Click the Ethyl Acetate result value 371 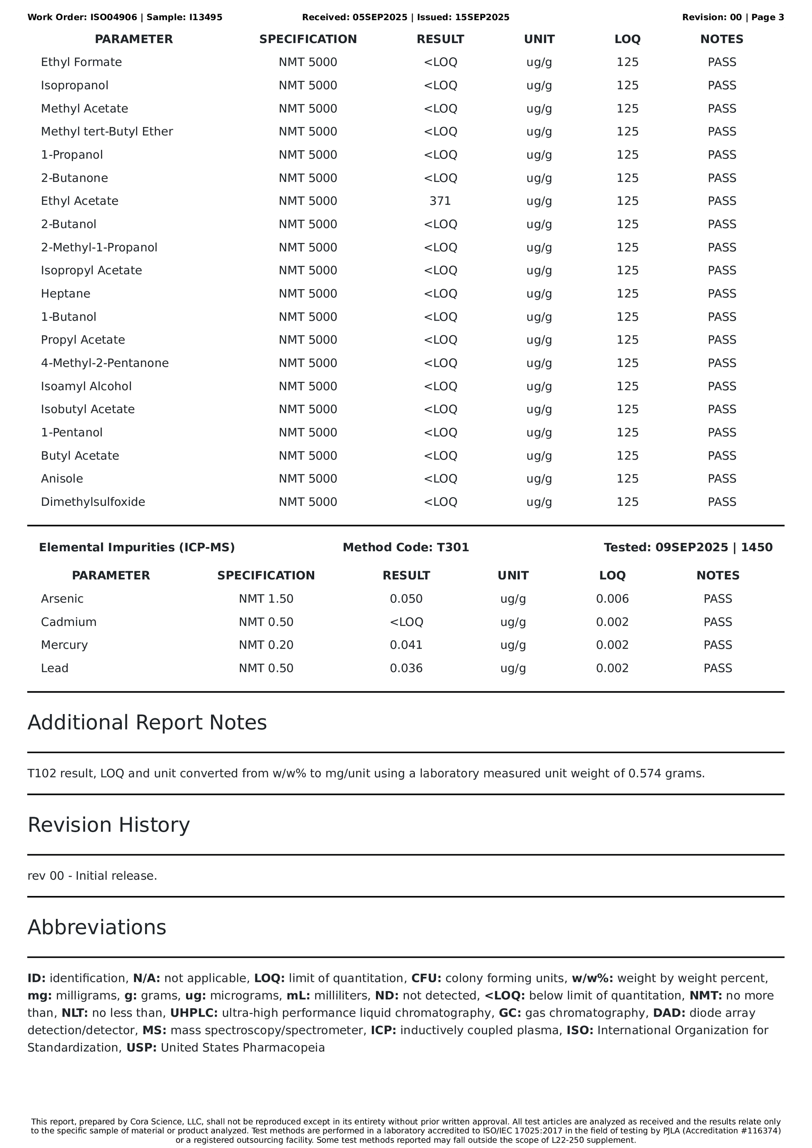(x=440, y=201)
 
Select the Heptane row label (x=66, y=293)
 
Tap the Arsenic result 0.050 (x=406, y=598)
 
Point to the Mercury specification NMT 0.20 (x=266, y=645)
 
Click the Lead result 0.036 (x=406, y=668)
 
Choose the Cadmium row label (x=68, y=622)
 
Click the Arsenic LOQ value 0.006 (x=612, y=598)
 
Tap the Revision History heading (x=108, y=825)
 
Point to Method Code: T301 (x=406, y=548)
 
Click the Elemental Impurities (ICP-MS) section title (x=136, y=548)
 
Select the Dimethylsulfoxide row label (x=93, y=502)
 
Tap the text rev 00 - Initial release (x=92, y=876)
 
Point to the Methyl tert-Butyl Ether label (x=106, y=131)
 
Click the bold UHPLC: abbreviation (x=194, y=1013)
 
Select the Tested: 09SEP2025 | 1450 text (x=688, y=548)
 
